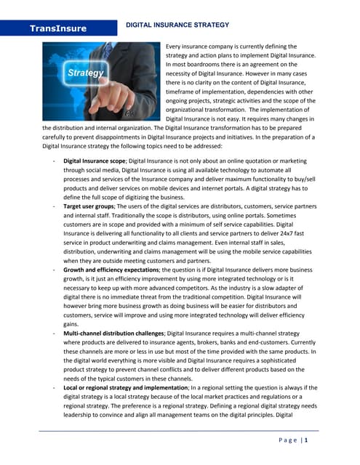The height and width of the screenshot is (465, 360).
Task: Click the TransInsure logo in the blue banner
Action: [58, 29]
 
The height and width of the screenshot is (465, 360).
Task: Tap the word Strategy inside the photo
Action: [85, 73]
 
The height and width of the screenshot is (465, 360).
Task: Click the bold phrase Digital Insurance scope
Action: [95, 160]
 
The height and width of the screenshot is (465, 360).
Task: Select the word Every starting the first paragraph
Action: [176, 46]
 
